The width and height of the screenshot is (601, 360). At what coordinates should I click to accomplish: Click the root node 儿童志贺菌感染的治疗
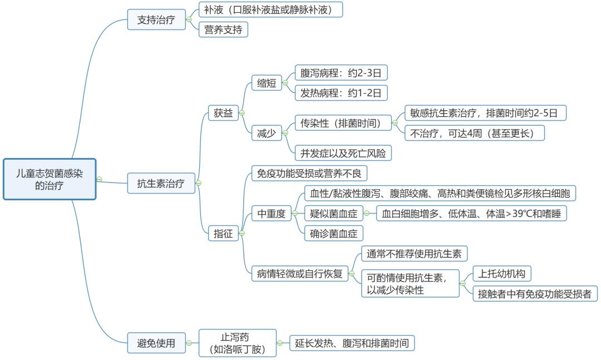pos(50,179)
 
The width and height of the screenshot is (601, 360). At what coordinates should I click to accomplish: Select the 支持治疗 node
pos(156,20)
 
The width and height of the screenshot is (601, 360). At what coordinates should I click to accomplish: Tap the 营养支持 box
pos(223,29)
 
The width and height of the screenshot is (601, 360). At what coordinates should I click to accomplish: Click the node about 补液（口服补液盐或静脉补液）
pos(271,9)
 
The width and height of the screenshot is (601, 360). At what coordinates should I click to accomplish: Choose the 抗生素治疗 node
pos(160,183)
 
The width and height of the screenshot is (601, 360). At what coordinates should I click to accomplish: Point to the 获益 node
pos(223,113)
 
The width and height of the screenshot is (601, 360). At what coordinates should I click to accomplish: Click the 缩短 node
pos(267,83)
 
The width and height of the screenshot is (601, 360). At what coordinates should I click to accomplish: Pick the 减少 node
pos(267,133)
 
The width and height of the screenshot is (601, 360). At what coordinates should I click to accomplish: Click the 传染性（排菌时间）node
pos(341,123)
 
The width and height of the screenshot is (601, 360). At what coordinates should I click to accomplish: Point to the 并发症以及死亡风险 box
pos(343,153)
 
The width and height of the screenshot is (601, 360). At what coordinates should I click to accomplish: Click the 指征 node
pos(223,233)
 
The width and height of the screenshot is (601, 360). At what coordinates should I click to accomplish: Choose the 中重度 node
pos(271,213)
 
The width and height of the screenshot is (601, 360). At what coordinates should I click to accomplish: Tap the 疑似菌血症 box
pos(333,213)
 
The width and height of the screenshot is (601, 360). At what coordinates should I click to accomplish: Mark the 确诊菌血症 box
pos(333,233)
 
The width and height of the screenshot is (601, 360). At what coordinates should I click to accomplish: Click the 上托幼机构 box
pos(501,273)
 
